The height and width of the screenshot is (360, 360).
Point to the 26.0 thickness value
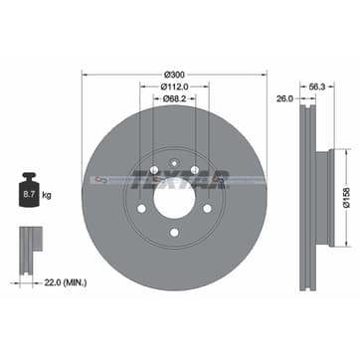point(282,99)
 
